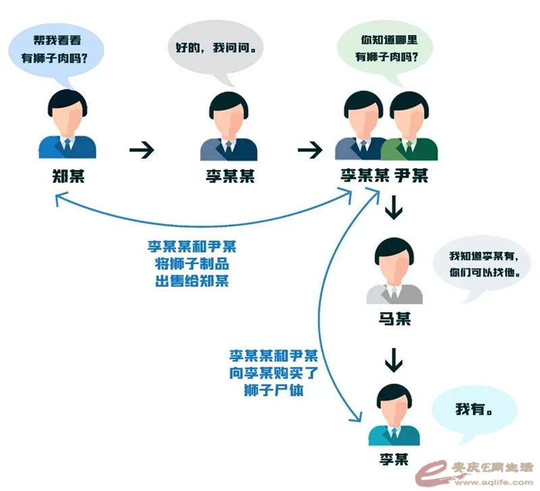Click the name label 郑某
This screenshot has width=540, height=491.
pyautogui.click(x=67, y=177)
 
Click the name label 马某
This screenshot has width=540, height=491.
pyautogui.click(x=394, y=318)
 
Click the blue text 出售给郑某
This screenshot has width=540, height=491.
pyautogui.click(x=192, y=280)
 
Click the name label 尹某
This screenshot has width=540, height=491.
pyautogui.click(x=412, y=177)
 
